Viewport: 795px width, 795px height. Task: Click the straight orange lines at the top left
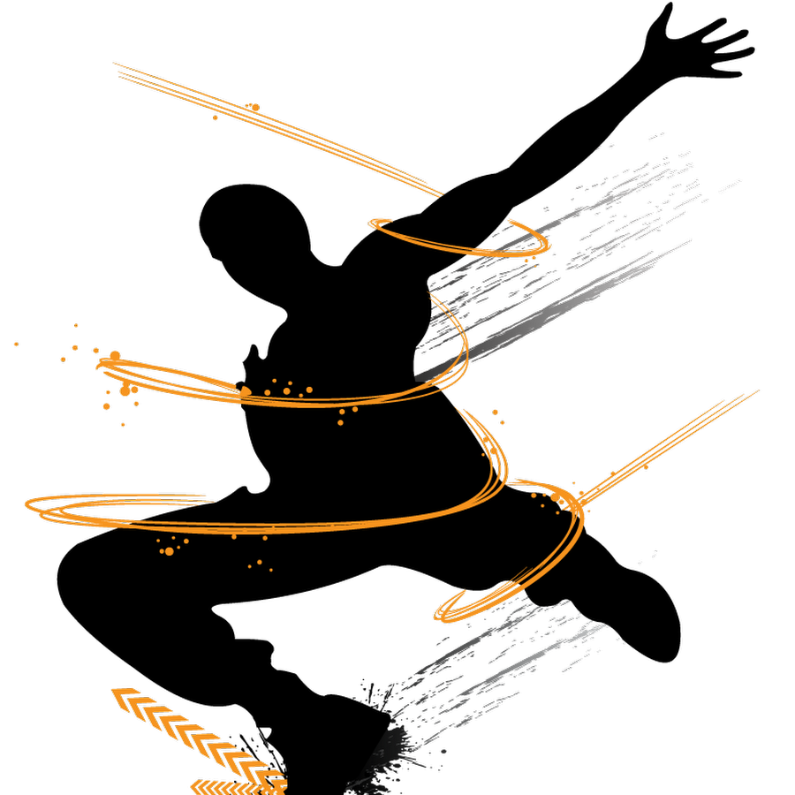tap(274, 128)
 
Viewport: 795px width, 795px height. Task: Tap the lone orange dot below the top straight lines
tap(215, 117)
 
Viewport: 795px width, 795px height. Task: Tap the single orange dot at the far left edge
tap(16, 344)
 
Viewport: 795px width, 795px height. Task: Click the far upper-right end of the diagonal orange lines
tap(756, 391)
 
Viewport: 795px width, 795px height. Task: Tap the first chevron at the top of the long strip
tap(124, 695)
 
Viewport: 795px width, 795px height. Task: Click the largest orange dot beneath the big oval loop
tap(169, 551)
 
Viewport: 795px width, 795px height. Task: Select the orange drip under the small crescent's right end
tap(526, 260)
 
